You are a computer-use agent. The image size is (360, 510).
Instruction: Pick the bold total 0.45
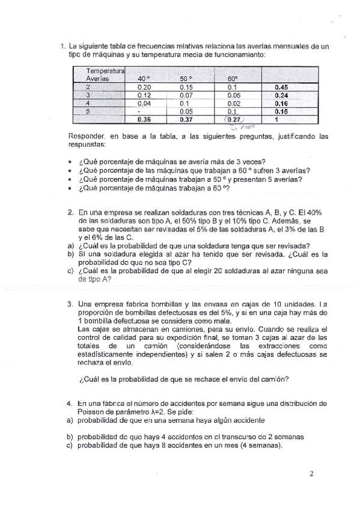click(x=281, y=87)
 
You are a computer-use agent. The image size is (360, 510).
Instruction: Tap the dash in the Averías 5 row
click(x=139, y=111)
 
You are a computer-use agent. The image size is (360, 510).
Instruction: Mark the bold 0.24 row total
click(x=281, y=95)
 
